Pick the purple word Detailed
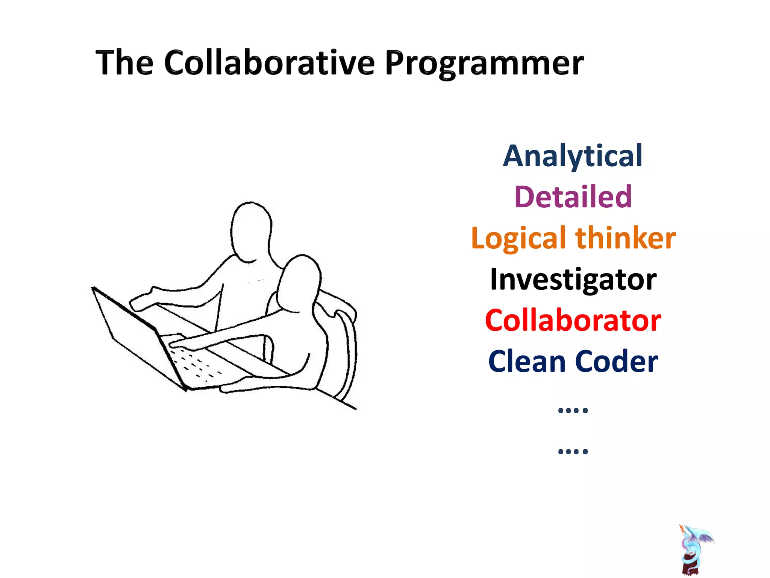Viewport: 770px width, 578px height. pyautogui.click(x=573, y=197)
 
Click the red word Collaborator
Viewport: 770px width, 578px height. pyautogui.click(x=573, y=320)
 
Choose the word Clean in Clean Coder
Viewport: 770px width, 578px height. pyautogui.click(x=526, y=361)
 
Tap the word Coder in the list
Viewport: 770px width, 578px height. pyautogui.click(x=616, y=361)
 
